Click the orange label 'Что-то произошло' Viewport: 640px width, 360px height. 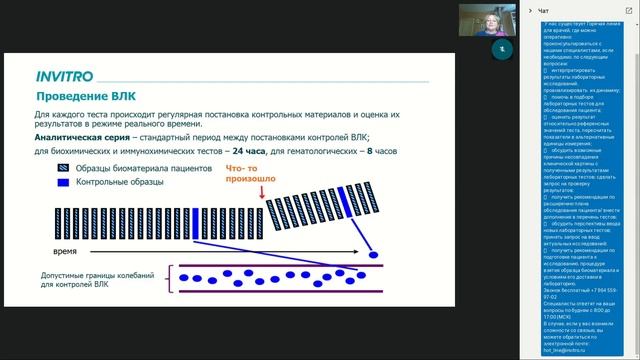[249, 176]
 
